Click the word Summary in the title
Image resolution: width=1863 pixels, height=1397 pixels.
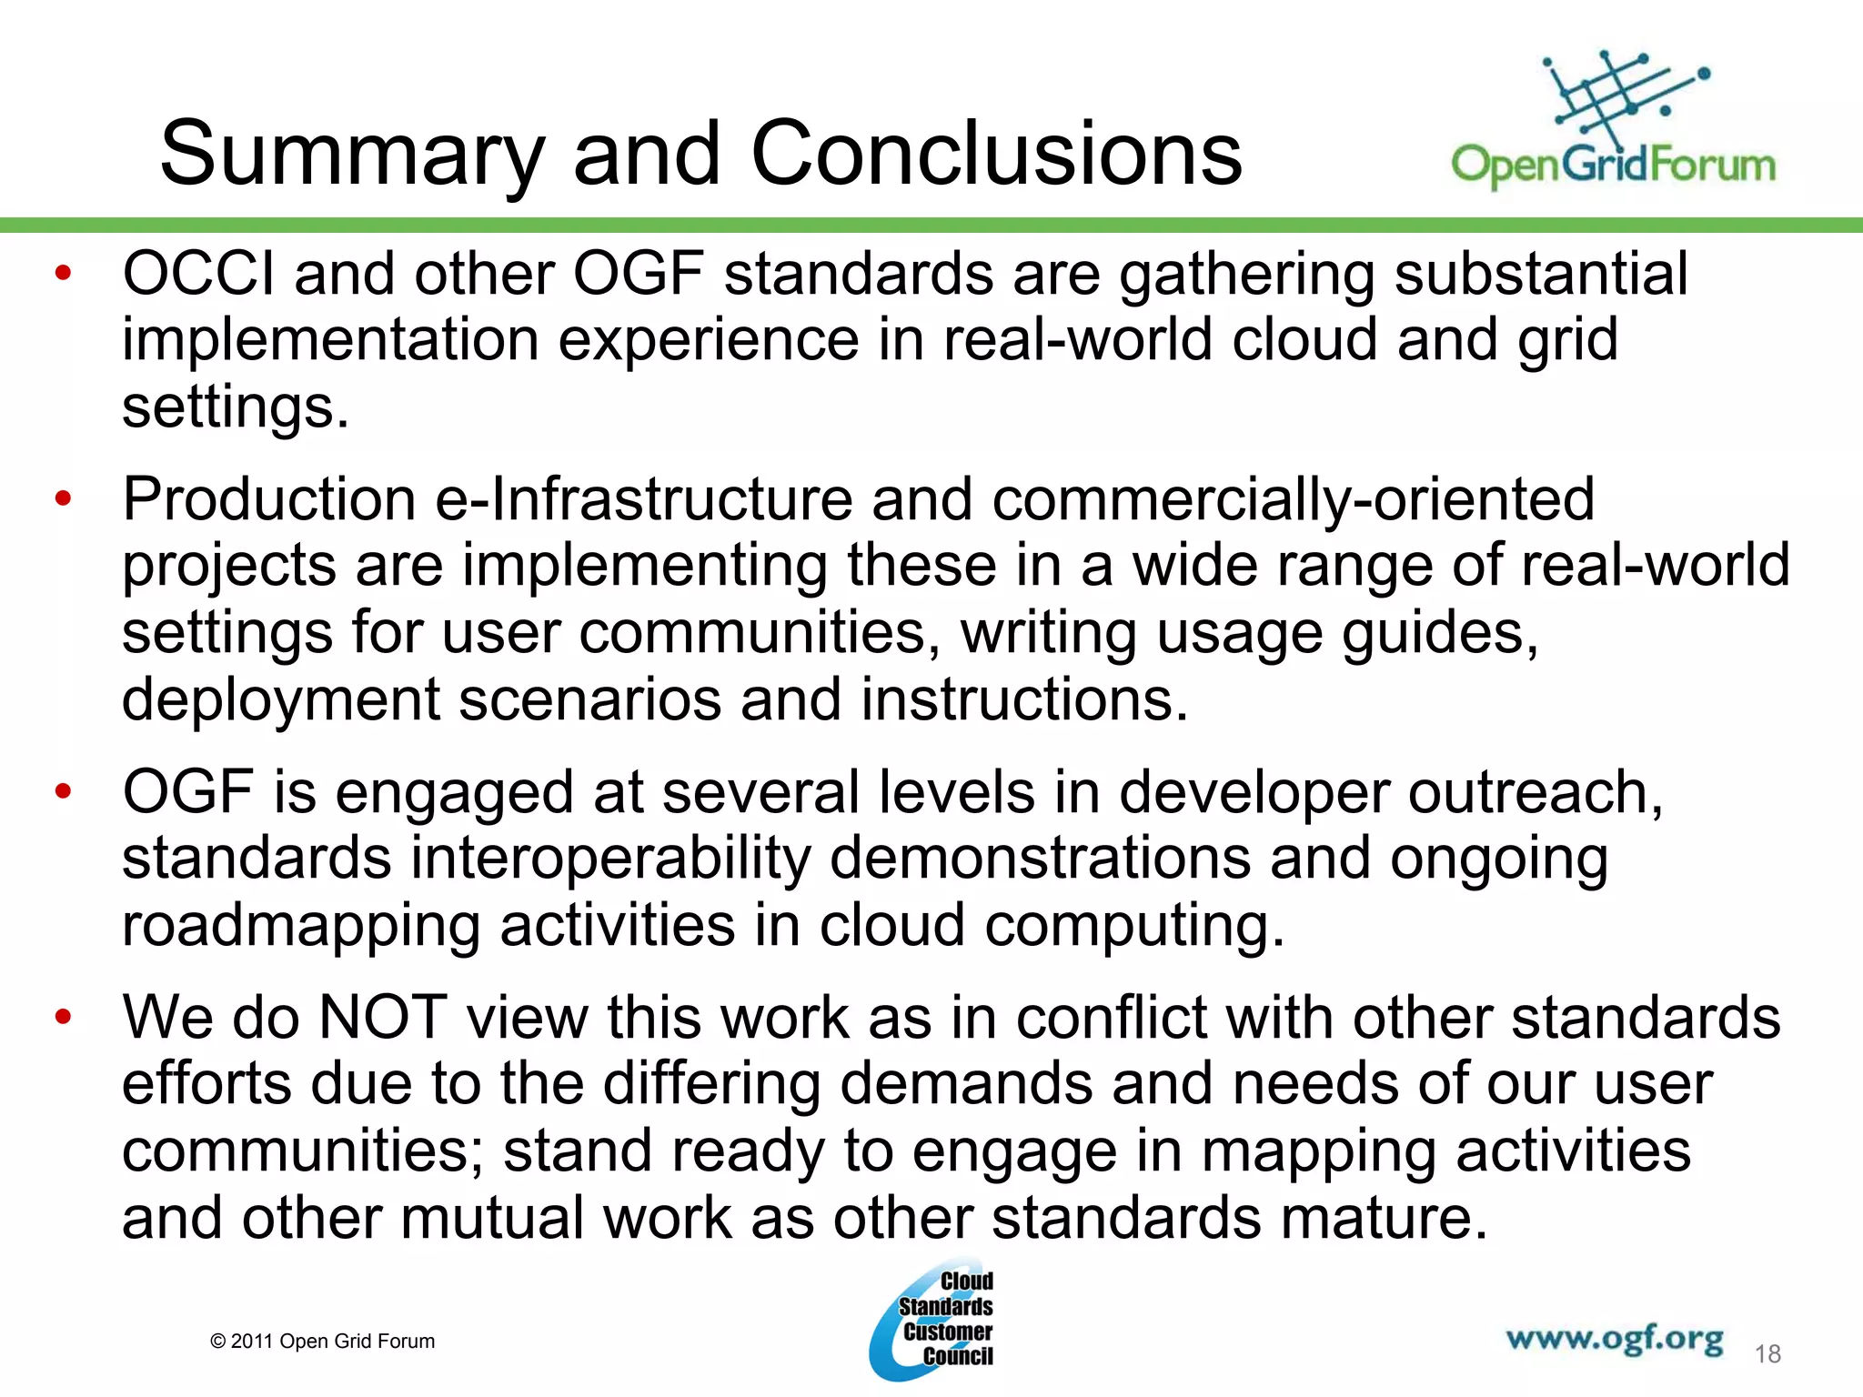point(351,155)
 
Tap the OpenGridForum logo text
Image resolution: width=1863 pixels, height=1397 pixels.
point(1613,166)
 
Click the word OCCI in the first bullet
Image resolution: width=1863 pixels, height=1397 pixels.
point(198,274)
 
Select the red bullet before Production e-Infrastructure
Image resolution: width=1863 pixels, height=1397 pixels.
point(63,498)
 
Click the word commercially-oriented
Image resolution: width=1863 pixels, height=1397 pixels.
point(1293,500)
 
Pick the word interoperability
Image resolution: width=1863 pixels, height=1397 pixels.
point(610,859)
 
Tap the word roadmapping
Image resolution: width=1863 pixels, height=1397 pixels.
point(300,926)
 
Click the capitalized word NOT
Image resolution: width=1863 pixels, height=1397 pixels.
point(383,1017)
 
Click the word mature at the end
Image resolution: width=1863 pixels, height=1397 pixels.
point(1384,1218)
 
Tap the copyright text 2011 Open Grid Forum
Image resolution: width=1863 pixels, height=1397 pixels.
point(323,1342)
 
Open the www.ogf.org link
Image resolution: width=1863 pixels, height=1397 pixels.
point(1614,1340)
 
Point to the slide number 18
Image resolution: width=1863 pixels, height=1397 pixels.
point(1767,1354)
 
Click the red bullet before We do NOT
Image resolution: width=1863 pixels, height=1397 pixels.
point(63,1017)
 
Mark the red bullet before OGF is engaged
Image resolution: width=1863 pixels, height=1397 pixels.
point(63,792)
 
